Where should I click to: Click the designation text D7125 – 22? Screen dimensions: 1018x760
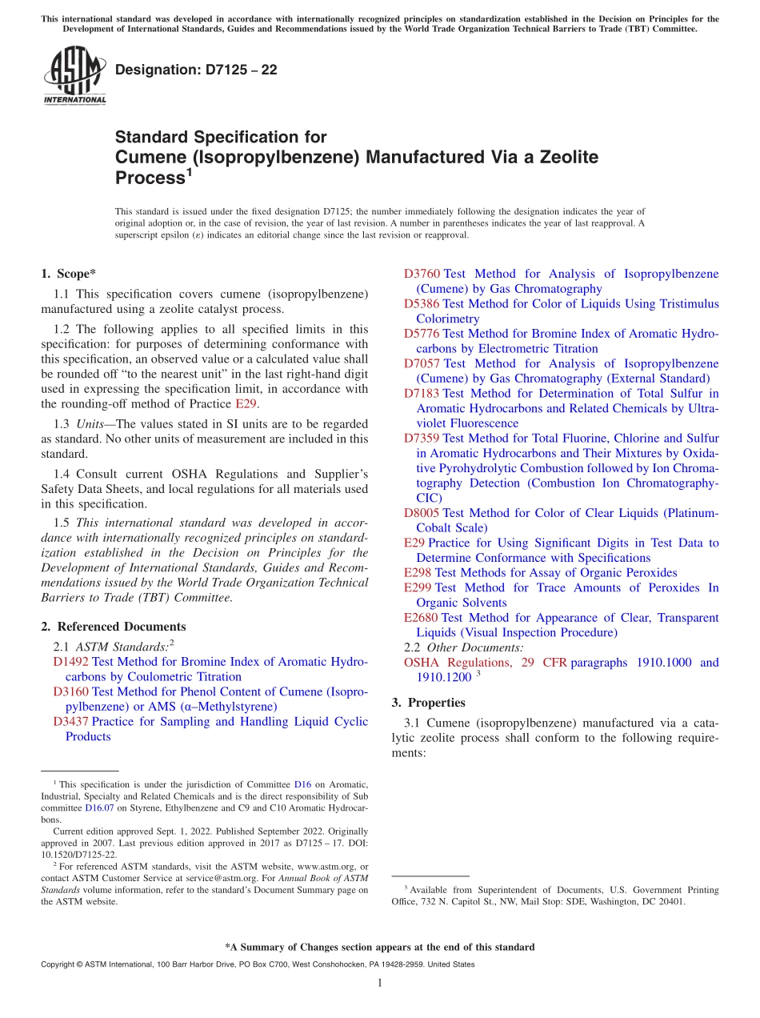[196, 70]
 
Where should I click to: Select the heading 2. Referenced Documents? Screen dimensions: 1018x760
[113, 627]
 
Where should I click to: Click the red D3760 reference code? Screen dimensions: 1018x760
[422, 275]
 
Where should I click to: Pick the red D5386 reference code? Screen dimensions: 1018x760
[422, 304]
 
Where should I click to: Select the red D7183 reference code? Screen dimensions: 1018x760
[422, 394]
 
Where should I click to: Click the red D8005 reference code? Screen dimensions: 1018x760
[422, 513]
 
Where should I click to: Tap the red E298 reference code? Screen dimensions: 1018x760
[418, 573]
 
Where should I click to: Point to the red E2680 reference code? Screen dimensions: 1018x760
[422, 618]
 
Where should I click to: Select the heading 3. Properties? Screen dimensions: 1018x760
[428, 703]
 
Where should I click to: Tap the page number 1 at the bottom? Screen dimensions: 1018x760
[380, 983]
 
